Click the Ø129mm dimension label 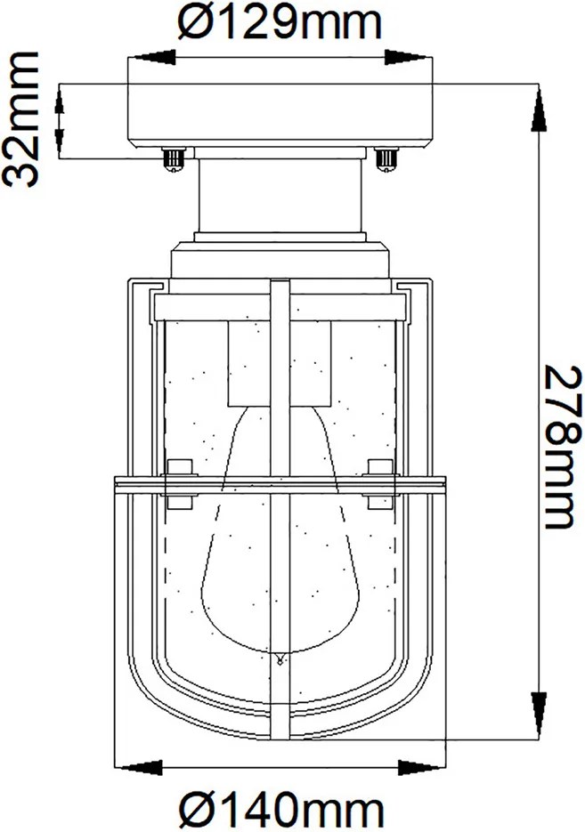pyautogui.click(x=280, y=22)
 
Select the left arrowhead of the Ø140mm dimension pyautogui.click(x=139, y=767)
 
